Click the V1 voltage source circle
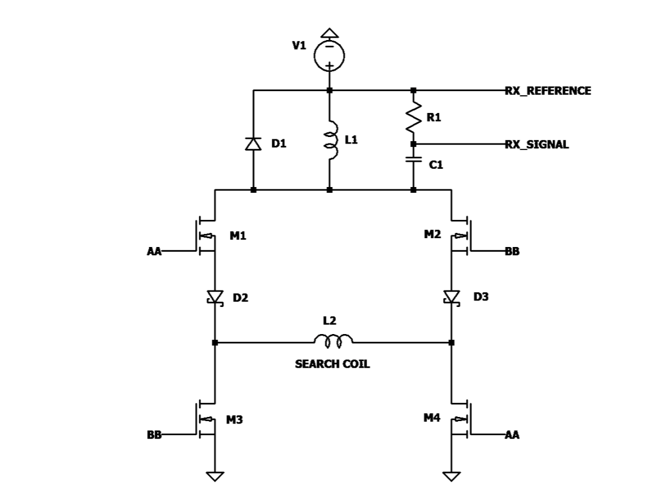click(x=329, y=56)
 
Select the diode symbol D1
click(x=253, y=143)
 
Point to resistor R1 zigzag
click(x=414, y=117)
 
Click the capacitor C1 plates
click(x=414, y=160)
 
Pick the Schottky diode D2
click(x=215, y=298)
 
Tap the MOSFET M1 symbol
click(x=206, y=236)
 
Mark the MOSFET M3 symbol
click(x=206, y=419)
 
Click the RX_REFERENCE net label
click(x=548, y=91)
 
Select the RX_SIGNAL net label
click(x=537, y=145)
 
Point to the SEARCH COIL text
click(x=332, y=364)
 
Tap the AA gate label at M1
click(x=154, y=251)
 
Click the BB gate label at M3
click(x=154, y=435)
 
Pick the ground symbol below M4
click(x=452, y=476)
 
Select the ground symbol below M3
click(x=215, y=476)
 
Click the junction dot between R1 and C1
click(x=414, y=144)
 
